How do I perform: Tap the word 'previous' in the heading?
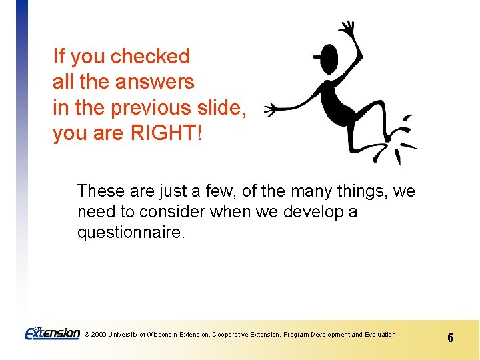[x=149, y=108]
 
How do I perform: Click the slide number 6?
[x=450, y=338]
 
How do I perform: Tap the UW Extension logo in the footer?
[x=52, y=332]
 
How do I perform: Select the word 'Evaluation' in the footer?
[x=380, y=335]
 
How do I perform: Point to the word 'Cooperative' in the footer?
[x=232, y=335]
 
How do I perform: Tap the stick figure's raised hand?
[x=347, y=28]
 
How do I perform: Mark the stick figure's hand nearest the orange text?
[x=269, y=110]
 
